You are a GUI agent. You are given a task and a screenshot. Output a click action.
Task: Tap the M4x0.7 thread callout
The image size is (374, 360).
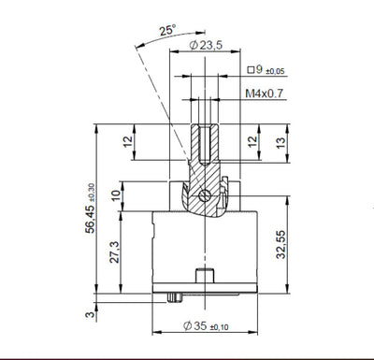[266, 94]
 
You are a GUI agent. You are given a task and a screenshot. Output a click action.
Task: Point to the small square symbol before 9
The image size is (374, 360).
[252, 68]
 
